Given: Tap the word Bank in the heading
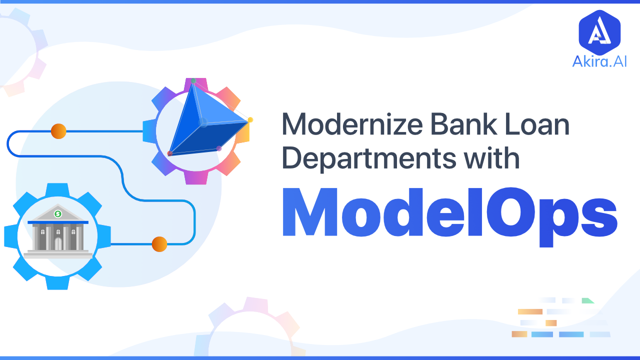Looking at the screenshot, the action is coord(463,124).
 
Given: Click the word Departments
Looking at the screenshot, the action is coord(368,158).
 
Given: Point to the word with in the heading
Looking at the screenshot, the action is coord(491,157).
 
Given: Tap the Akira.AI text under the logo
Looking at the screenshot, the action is coord(599,61).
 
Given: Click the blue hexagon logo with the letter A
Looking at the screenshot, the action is coord(599,32).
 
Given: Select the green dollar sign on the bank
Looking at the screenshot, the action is coord(58,213).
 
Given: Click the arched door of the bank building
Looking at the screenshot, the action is coord(58,243).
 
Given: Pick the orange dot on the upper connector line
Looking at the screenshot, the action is coord(58,131).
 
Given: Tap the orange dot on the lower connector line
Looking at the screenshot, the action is coord(159,244).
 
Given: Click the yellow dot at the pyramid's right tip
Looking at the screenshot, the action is coord(250,119).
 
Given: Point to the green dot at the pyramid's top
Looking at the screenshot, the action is coord(193,81).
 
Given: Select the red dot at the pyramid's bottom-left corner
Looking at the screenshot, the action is coord(169,153).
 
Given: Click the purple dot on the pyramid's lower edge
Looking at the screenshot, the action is coord(219,148).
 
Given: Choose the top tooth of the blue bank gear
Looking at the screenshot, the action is coord(57,189).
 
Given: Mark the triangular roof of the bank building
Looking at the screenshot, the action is coord(58,213).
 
